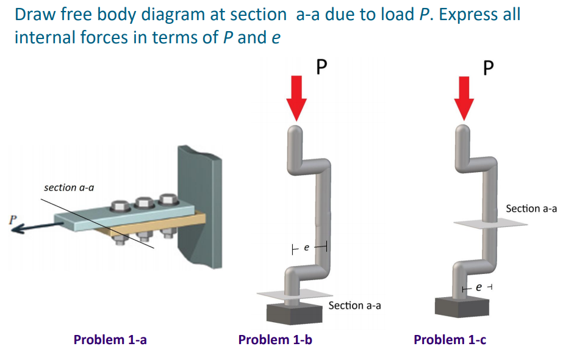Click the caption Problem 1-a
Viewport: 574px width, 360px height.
110,339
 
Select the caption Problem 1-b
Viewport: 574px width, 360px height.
275,339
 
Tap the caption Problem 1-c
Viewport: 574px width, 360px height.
450,339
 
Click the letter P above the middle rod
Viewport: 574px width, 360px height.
323,66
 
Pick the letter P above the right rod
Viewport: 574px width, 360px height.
488,66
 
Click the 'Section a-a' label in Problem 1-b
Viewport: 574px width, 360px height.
354,305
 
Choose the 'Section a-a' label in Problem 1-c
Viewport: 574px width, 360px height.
531,209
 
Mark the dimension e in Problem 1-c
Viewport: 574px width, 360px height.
479,286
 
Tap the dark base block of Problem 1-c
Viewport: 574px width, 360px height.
462,306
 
